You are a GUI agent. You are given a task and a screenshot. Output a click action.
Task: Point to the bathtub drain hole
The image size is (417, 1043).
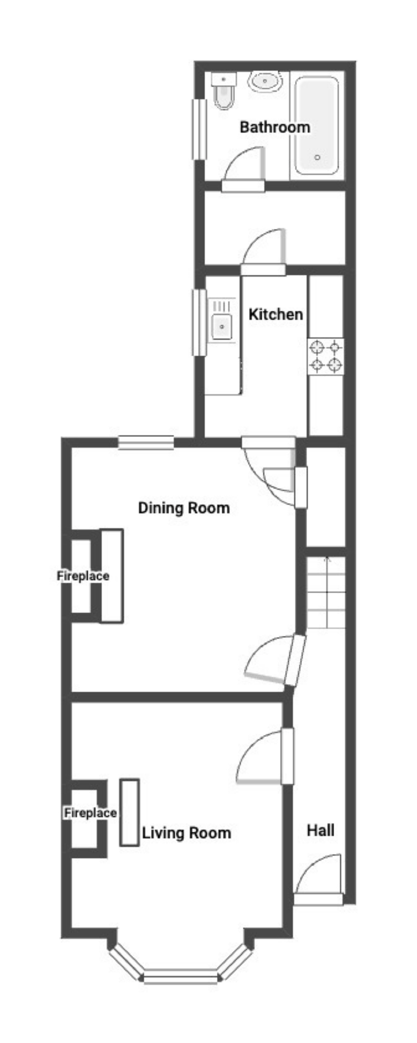317,157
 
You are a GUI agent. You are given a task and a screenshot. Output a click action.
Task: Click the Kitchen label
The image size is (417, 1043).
276,314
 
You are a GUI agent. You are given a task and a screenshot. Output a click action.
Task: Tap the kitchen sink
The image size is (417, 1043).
222,326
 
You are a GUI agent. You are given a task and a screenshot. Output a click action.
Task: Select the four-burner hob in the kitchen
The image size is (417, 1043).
326,356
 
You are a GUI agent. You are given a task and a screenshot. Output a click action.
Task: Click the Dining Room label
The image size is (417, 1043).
184,508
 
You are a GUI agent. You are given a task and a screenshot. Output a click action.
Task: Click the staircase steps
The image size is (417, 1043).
326,592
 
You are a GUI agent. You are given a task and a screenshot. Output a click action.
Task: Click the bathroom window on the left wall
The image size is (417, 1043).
199,129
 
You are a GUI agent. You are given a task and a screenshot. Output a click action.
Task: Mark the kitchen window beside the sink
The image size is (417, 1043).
199,323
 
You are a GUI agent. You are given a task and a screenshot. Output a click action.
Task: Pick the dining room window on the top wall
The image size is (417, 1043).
146,443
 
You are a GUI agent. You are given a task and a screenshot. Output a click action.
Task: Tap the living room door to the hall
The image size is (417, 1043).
287,756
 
